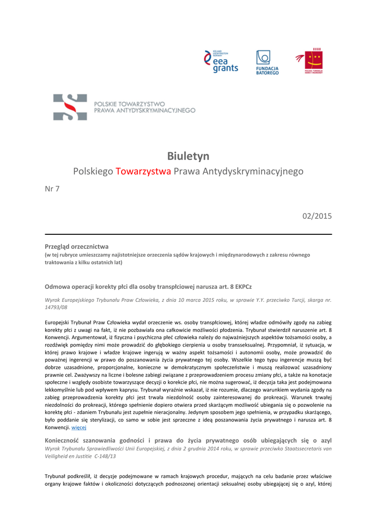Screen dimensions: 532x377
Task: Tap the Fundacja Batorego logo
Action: [267, 62]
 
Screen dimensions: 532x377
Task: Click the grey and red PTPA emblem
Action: [70, 107]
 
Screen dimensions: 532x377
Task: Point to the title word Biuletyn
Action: [188, 156]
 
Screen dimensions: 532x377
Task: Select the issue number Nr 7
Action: [52, 189]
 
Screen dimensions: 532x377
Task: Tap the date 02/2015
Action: [317, 216]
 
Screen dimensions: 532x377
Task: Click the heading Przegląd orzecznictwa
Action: [76, 246]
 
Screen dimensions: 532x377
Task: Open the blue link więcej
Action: [79, 427]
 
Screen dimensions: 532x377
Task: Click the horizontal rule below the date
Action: [188, 234]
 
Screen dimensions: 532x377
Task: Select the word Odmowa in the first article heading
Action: [57, 286]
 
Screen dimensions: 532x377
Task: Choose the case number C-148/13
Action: [106, 456]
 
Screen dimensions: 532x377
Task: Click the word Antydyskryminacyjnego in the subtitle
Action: [253, 171]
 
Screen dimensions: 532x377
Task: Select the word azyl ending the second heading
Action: [326, 441]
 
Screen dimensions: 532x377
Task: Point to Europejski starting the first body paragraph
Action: [58, 322]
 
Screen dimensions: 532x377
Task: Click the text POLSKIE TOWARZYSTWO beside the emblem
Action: [129, 104]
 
